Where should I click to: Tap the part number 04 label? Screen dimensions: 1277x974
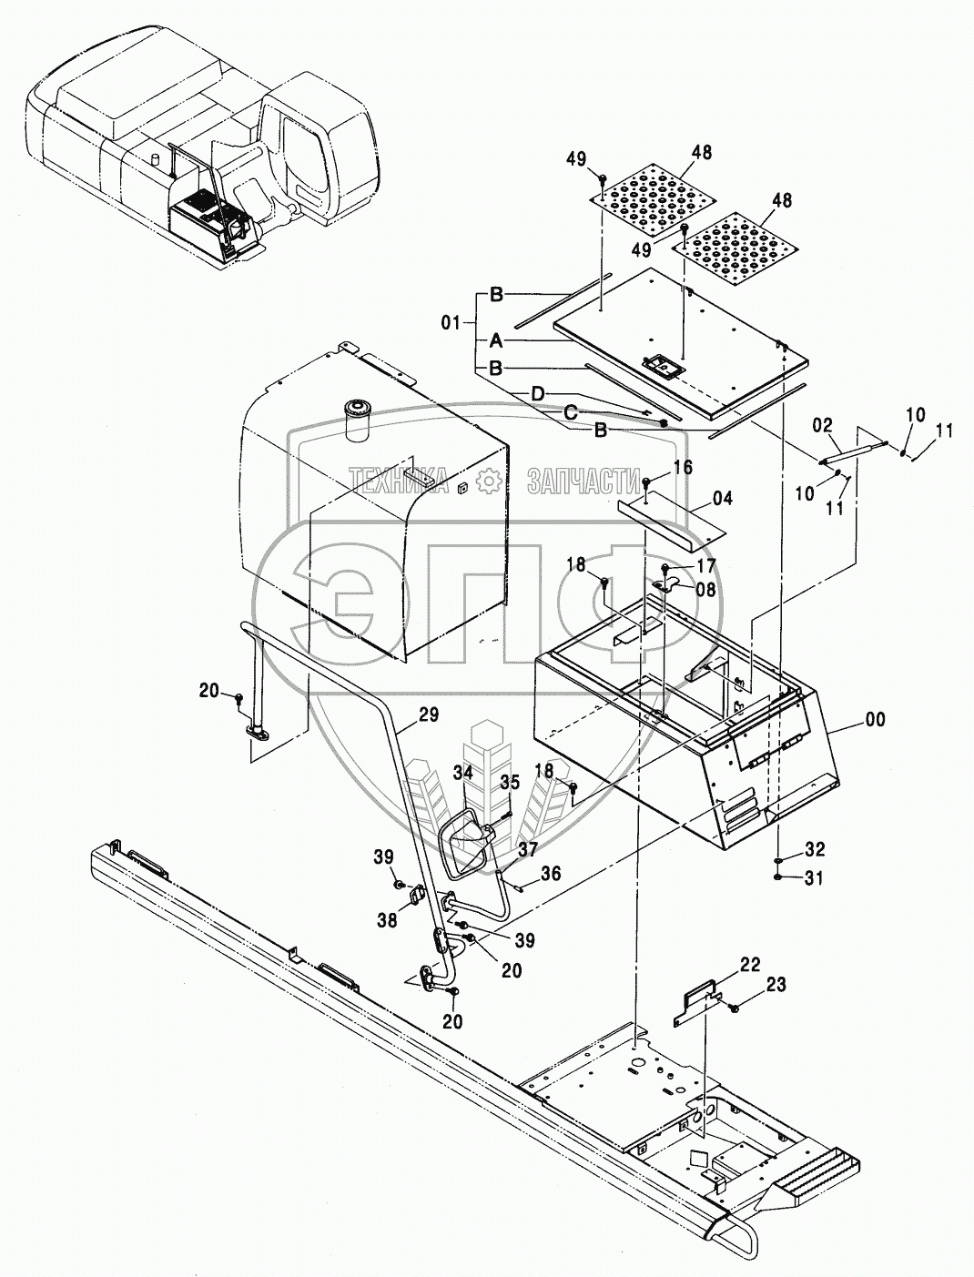(722, 499)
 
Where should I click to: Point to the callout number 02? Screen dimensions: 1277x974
(822, 424)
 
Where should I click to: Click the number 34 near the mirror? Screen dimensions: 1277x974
(464, 773)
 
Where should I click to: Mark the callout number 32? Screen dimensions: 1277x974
(815, 850)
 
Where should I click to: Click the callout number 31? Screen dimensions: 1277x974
(815, 878)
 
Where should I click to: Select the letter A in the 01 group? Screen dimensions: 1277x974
(495, 340)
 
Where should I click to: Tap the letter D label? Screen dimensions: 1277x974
(538, 393)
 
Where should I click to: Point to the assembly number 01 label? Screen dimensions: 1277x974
(451, 321)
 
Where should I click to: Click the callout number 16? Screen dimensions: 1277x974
(683, 468)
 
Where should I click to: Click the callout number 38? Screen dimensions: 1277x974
(387, 920)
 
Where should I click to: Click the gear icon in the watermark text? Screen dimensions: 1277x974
(490, 480)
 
